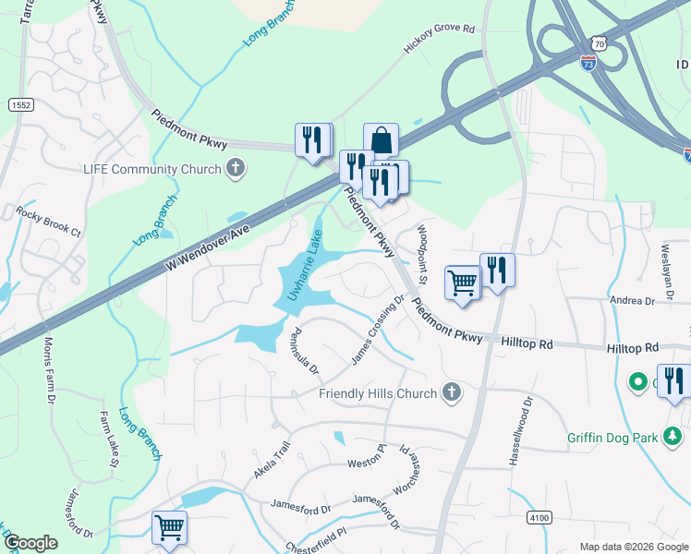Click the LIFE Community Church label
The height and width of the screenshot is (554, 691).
tap(152, 169)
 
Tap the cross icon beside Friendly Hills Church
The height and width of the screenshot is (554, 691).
tap(451, 393)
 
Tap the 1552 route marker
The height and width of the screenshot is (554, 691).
tap(20, 106)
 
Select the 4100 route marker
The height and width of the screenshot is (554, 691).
tap(539, 518)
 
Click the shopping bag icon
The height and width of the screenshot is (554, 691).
tap(381, 141)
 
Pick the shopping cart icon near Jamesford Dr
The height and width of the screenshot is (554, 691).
tap(170, 528)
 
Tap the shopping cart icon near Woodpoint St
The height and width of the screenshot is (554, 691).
tap(463, 283)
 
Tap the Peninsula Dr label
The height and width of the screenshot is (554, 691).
tap(304, 352)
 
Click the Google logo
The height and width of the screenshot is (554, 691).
tap(30, 543)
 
